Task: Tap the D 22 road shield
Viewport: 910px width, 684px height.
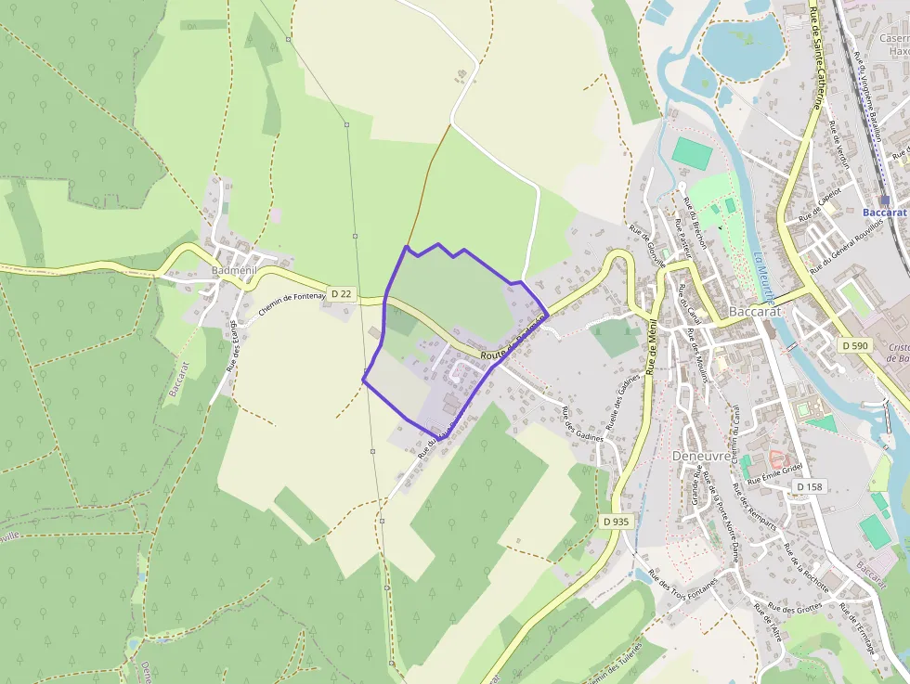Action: point(341,294)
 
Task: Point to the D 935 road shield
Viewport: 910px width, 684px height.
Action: point(614,522)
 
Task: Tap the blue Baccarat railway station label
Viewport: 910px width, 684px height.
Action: point(884,213)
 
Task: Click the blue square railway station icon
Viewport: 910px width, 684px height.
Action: point(885,200)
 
